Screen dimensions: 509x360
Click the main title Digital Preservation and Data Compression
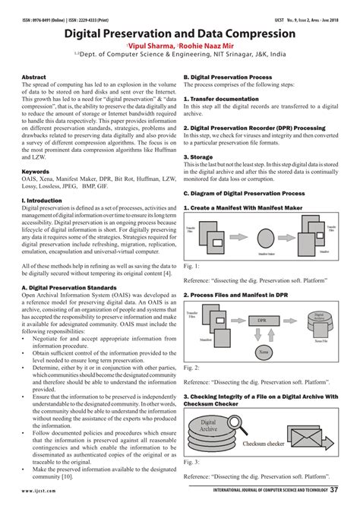(x=180, y=33)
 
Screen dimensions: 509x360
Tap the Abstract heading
(x=34, y=78)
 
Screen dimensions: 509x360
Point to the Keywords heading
(x=36, y=172)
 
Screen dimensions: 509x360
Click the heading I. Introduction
(x=43, y=201)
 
